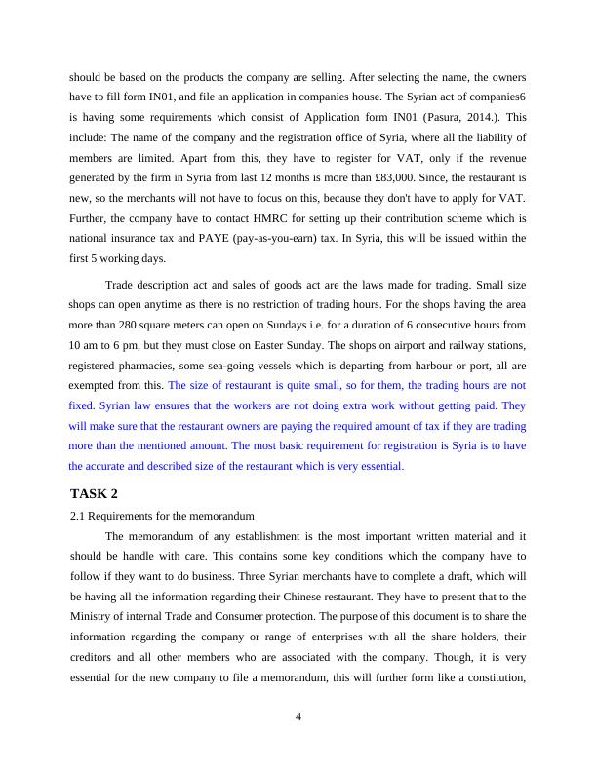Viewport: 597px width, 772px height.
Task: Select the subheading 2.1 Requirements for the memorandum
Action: [x=162, y=515]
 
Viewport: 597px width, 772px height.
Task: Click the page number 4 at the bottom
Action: [x=298, y=716]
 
